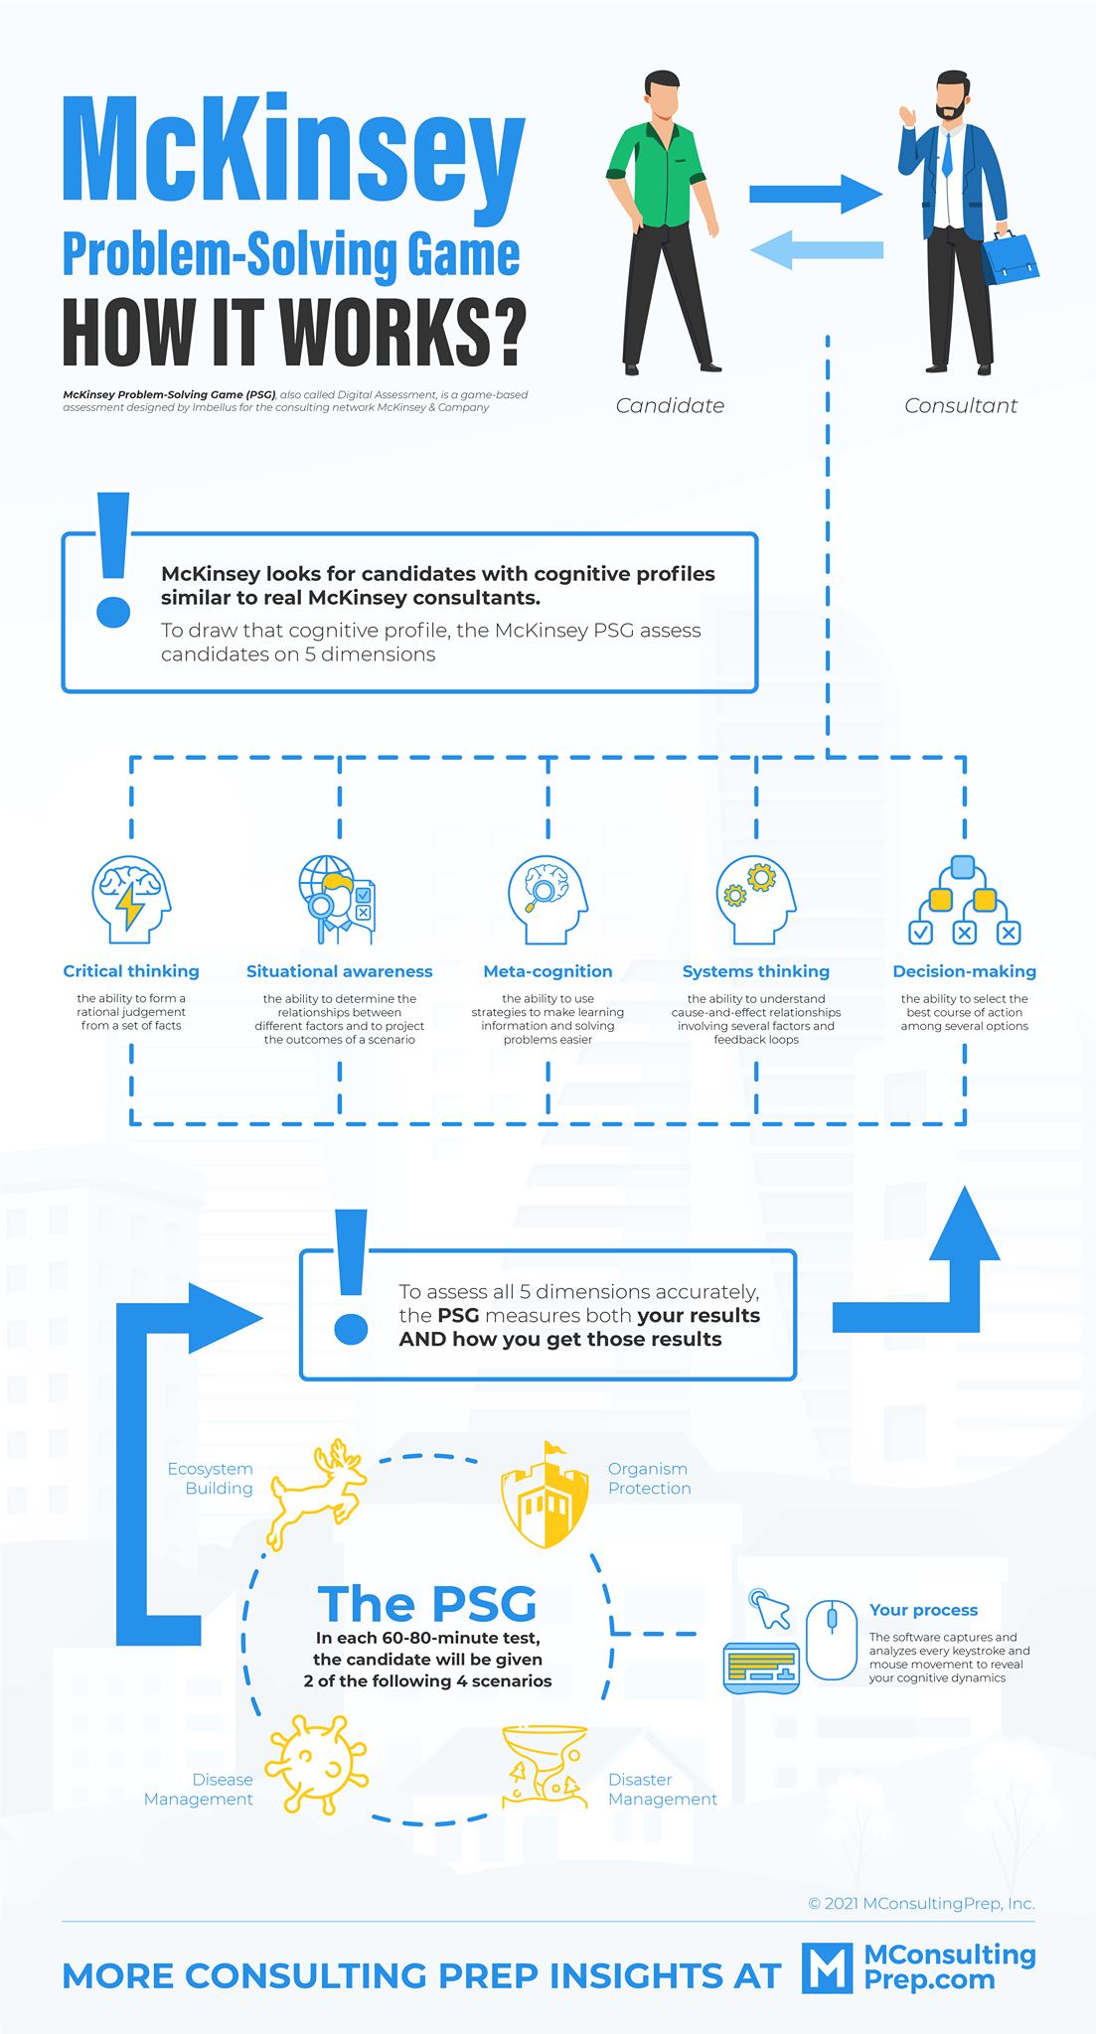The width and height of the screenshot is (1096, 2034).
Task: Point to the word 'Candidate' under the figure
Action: click(670, 405)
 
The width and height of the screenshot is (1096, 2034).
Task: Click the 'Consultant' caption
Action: click(961, 405)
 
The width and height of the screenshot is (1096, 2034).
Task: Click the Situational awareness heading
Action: click(340, 971)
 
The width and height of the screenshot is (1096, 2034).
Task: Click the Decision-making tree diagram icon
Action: click(965, 899)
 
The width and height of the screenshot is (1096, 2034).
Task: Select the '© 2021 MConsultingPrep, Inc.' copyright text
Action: click(921, 1903)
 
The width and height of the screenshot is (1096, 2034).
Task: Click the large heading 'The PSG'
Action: click(427, 1603)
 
